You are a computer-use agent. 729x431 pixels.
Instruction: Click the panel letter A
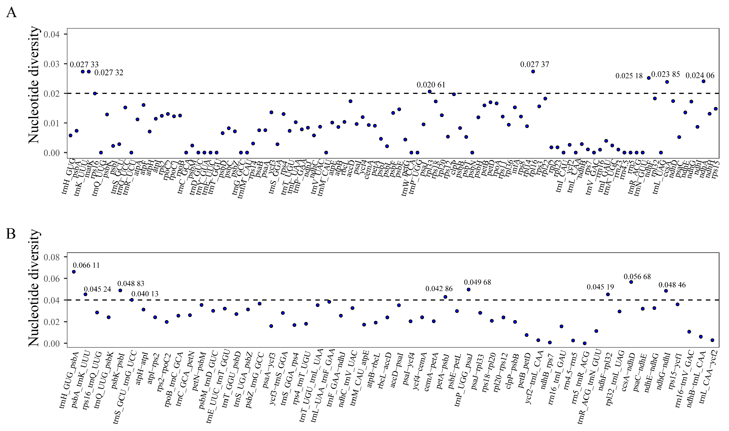click(11, 13)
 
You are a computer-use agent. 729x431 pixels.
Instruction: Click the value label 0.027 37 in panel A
click(535, 64)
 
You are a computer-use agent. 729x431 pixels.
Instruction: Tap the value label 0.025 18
click(629, 76)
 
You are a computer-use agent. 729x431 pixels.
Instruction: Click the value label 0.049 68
click(477, 282)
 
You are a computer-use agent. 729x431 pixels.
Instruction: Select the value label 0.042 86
click(439, 289)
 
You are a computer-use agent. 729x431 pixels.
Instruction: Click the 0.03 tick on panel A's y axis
click(52, 64)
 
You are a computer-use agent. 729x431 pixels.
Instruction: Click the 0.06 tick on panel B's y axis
click(52, 279)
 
